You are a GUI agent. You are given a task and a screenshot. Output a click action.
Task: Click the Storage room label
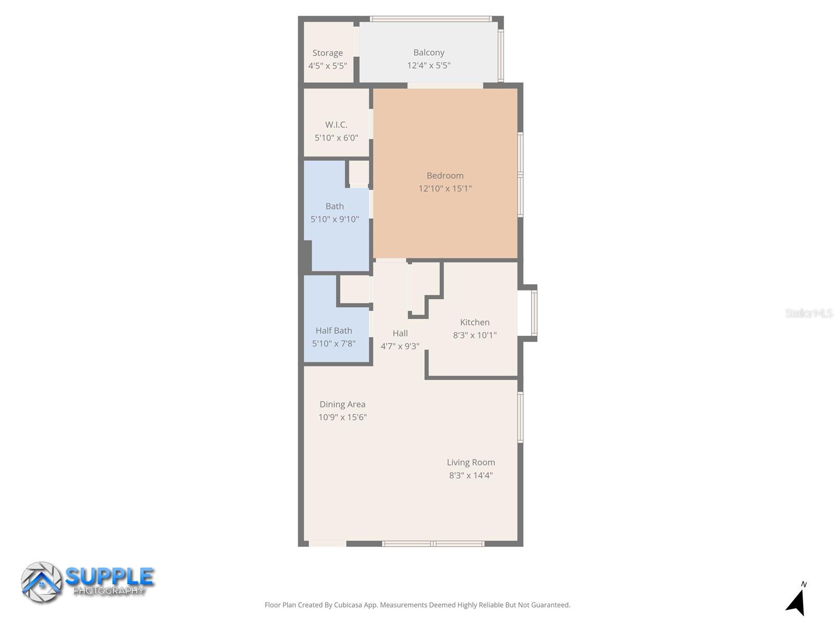coord(328,53)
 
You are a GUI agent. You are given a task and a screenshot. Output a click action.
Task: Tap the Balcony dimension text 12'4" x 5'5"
coord(428,65)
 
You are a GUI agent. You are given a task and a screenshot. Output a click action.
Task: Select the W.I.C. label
coord(336,125)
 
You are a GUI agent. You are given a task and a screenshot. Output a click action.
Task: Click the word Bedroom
coord(445,175)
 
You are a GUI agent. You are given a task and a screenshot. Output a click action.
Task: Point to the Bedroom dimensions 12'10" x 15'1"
coord(445,188)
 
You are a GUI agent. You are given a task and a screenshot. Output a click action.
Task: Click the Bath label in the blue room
coord(335,206)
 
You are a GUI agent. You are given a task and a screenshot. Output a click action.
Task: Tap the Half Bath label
coord(333,330)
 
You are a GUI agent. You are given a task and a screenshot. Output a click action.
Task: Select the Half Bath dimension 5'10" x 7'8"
coord(333,343)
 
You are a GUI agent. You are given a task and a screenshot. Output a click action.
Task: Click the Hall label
coord(400,333)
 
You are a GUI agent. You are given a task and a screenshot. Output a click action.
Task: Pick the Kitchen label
coord(474,322)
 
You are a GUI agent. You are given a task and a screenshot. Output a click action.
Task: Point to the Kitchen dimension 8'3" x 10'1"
coord(474,335)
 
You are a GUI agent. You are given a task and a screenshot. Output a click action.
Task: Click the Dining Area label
coord(342,404)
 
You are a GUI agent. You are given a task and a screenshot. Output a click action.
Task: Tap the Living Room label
coord(471,462)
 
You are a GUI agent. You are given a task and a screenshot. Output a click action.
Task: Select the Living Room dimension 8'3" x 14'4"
coord(471,475)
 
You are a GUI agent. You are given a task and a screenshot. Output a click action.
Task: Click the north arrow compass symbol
coord(796,601)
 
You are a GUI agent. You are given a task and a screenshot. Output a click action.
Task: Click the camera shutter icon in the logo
coord(41,582)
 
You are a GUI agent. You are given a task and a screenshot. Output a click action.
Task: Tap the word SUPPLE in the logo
coord(110,576)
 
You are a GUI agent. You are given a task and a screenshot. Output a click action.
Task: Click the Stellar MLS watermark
coord(808,313)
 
